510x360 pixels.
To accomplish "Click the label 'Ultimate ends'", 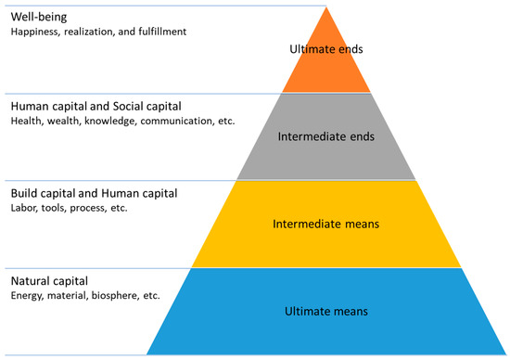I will click(326, 48).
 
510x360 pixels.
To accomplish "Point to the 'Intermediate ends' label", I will click(325, 136).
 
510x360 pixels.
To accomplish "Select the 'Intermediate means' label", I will click(325, 224).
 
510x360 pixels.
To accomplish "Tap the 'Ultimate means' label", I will click(325, 312).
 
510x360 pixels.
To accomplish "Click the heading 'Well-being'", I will click(39, 17).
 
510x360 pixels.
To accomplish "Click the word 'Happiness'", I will click(36, 32).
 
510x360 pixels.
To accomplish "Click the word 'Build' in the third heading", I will click(26, 193).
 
